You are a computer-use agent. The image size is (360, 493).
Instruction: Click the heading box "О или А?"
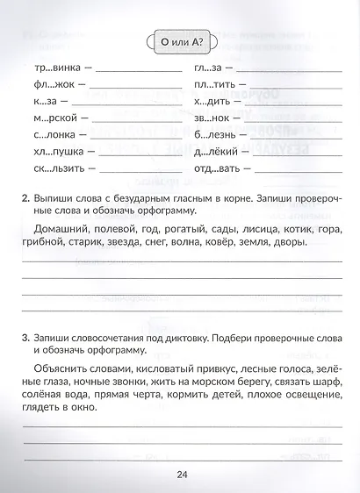[181, 40]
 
